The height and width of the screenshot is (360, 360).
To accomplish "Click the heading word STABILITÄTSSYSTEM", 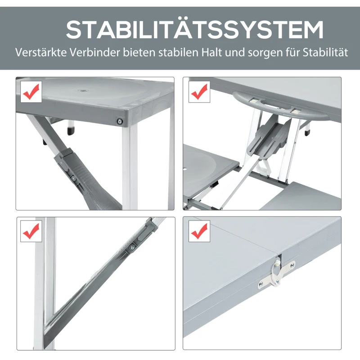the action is point(194,29).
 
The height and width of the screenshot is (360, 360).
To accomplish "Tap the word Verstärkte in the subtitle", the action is point(41,52).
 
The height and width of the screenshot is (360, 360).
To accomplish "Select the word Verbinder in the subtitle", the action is point(95,52).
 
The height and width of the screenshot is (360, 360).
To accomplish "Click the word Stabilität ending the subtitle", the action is point(325,52).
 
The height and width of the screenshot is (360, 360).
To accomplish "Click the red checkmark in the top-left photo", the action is point(31,91).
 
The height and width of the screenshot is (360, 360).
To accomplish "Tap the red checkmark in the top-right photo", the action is point(199,91).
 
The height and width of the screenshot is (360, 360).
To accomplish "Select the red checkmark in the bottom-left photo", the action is point(31,231).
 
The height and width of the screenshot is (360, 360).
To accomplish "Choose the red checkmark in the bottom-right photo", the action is point(199,231).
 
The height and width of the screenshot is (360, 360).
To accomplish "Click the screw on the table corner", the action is point(120,121).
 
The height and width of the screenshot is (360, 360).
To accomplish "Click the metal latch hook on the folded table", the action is point(277,273).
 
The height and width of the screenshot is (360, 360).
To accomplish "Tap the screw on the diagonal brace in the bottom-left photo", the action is point(132,247).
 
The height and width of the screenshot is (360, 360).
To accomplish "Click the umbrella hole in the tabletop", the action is point(81,90).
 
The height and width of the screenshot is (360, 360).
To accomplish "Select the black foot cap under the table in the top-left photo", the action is point(71,131).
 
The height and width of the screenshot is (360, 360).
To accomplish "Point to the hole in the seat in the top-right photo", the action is point(185,170).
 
